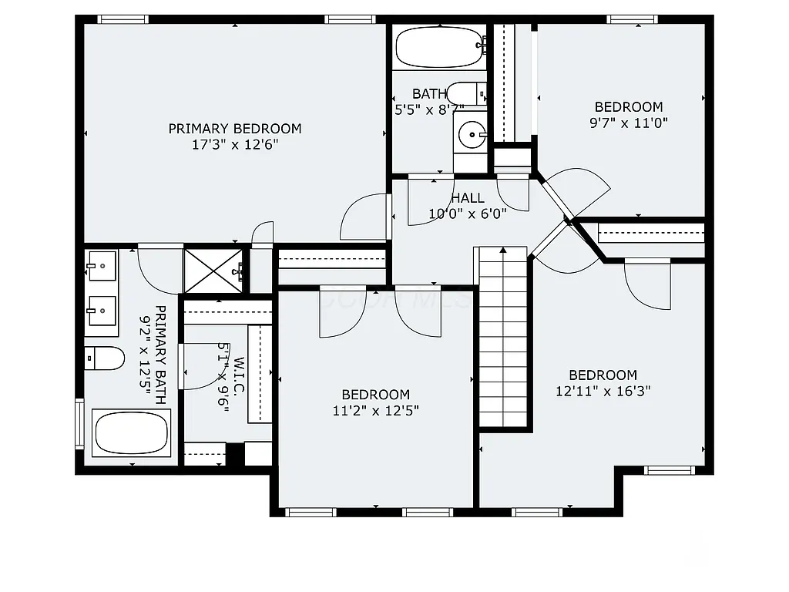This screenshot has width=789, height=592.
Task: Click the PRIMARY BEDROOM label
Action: (x=235, y=129)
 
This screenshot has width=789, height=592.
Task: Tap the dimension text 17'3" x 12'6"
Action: (x=235, y=144)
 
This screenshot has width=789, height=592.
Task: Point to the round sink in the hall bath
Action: (x=471, y=135)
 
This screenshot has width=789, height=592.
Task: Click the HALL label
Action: (x=468, y=199)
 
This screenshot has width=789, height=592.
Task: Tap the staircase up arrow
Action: (x=503, y=251)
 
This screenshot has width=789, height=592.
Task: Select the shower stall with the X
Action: (x=213, y=270)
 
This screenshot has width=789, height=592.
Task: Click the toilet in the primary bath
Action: (x=104, y=358)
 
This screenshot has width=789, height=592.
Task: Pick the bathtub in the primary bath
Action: (x=131, y=432)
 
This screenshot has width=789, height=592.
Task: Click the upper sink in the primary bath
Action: (x=101, y=266)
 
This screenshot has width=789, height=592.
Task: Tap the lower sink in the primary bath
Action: (x=101, y=311)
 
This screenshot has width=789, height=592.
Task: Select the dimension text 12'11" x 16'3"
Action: (x=603, y=391)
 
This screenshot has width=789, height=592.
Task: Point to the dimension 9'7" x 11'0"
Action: (x=628, y=122)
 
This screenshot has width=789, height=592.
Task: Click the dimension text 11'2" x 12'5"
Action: (x=376, y=411)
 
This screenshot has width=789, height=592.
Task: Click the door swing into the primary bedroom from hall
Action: (x=364, y=217)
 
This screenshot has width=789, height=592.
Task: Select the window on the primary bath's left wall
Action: (x=79, y=422)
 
